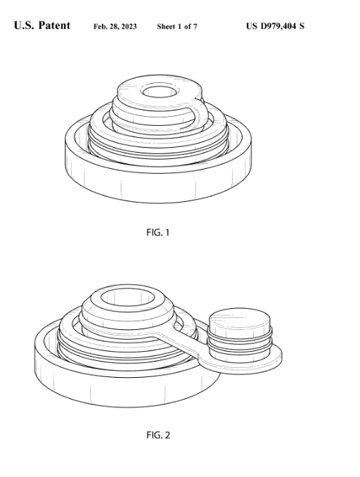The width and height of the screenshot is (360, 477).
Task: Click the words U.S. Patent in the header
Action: click(42, 25)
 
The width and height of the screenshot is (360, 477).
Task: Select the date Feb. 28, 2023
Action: click(115, 27)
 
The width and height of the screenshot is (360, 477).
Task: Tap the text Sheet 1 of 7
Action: click(177, 27)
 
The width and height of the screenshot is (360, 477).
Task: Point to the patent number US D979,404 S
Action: click(275, 26)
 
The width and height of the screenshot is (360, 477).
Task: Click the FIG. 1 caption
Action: click(157, 233)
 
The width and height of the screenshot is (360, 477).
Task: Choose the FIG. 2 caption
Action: click(158, 435)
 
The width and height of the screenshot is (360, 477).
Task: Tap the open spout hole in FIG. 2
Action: click(128, 298)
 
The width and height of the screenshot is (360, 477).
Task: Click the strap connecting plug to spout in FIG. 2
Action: click(179, 342)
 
